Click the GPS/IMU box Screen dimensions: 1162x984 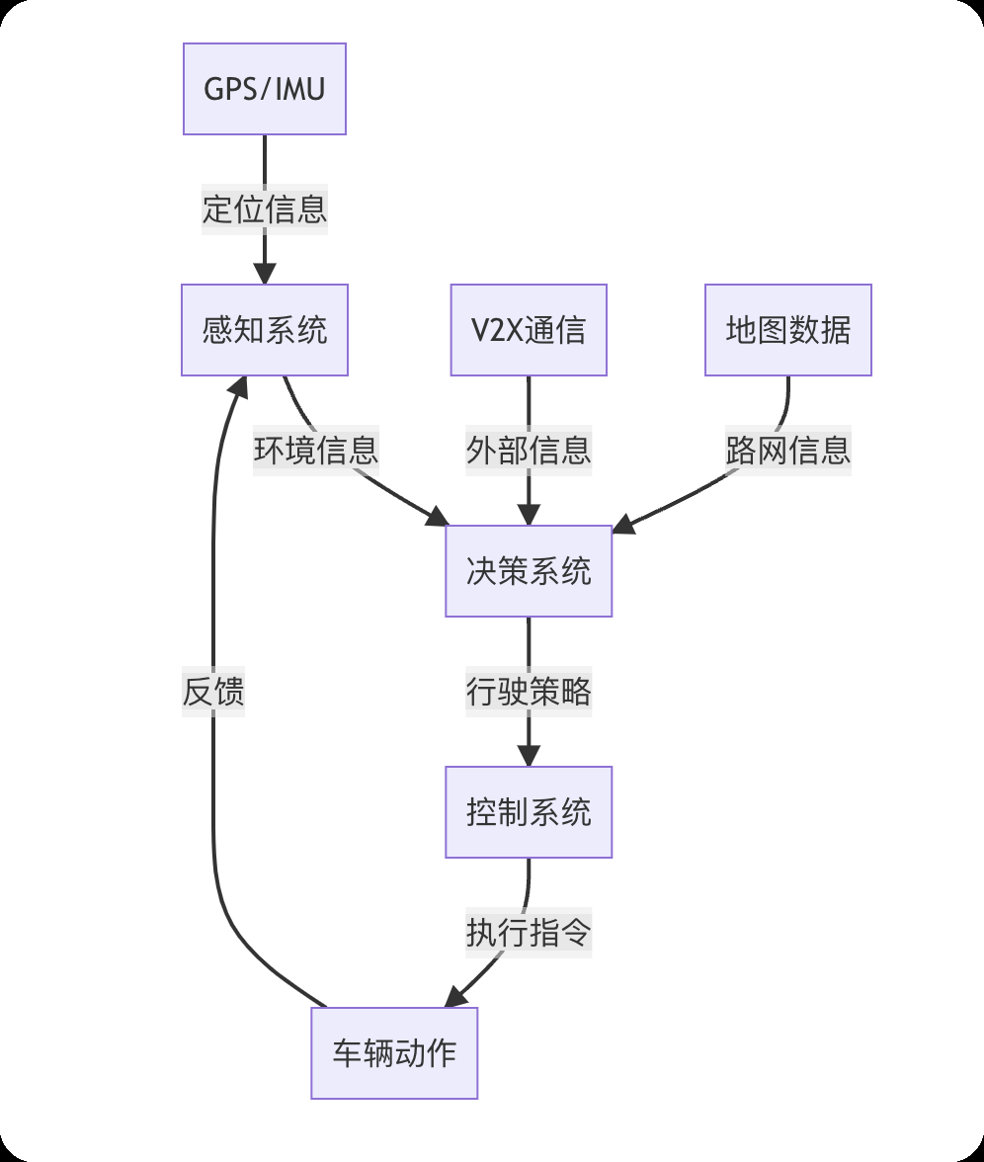265,89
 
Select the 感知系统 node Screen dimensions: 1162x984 265,330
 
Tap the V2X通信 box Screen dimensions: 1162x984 529,330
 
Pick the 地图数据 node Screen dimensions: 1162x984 787,330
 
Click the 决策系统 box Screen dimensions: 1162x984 529,571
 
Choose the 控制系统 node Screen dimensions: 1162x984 529,812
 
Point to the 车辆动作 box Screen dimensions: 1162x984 394,1053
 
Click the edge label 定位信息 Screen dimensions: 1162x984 265,209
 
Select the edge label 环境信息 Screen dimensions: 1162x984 316,451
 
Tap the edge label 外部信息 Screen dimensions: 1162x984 529,451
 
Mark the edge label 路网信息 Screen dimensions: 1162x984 787,451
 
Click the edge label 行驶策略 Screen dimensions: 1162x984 529,692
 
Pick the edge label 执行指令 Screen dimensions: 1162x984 529,933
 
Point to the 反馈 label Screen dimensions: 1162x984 213,692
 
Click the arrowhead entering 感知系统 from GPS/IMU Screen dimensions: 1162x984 265,274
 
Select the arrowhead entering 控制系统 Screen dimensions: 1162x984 529,756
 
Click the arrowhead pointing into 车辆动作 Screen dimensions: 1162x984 456,997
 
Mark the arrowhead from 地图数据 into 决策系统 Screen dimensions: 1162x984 623,525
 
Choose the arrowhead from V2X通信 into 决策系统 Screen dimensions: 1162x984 529,515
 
